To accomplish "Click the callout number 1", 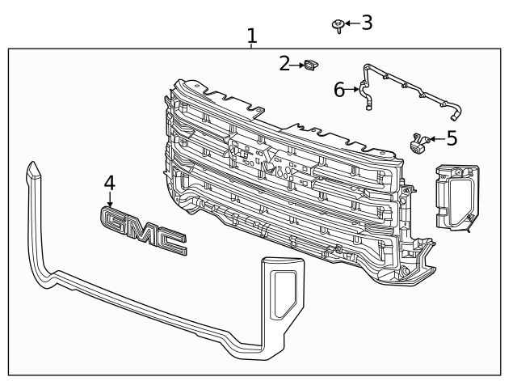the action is (252, 36).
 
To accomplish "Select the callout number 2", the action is (284, 64).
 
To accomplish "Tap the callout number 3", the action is (367, 23).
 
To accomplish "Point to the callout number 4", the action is (110, 184).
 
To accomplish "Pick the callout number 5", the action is (452, 138).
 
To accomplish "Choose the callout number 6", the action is (339, 90).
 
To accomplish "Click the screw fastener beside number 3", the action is (338, 26).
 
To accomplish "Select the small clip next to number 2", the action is (310, 65).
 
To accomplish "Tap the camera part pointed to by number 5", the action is (418, 143).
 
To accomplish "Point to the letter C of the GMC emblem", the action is (172, 243).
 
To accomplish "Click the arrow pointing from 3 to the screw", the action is (353, 23).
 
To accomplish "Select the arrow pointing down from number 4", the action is (110, 200).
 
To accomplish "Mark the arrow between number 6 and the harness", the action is (352, 89).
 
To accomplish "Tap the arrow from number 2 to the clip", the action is (297, 65).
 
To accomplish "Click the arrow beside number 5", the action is (438, 139).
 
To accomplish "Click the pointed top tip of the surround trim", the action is (32, 162).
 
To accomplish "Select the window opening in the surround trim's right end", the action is (282, 294).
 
